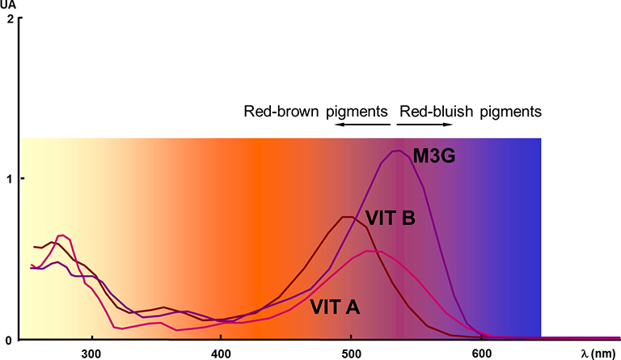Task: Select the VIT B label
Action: click(391, 218)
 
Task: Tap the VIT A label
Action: click(336, 307)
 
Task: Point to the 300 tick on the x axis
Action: click(91, 353)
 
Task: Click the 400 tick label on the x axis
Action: click(221, 353)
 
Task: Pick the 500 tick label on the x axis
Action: click(351, 353)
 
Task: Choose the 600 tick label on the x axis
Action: click(481, 353)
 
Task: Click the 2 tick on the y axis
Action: click(9, 18)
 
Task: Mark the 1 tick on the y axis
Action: click(9, 178)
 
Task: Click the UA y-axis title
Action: click(9, 5)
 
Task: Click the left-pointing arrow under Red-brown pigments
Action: click(361, 125)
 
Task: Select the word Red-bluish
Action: click(433, 111)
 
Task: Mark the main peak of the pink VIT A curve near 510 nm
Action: click(370, 251)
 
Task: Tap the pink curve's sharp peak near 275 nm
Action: click(61, 235)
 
